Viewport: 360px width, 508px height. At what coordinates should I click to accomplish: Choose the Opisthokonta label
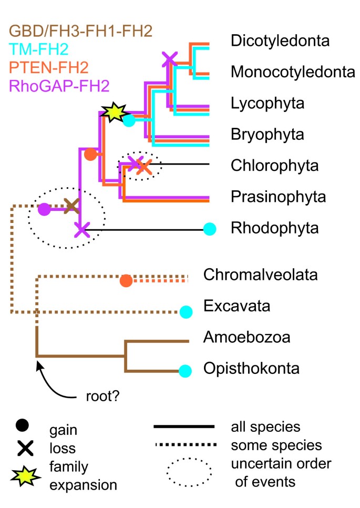tap(251, 369)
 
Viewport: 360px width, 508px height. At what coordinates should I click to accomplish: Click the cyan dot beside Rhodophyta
tap(210, 229)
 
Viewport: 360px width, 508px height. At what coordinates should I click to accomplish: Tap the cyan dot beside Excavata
tap(185, 312)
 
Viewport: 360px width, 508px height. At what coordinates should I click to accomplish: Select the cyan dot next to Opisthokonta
tap(185, 371)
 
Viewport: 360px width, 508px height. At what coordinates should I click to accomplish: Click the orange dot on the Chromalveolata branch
tap(126, 281)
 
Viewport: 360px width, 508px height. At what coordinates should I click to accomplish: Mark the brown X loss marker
tap(71, 205)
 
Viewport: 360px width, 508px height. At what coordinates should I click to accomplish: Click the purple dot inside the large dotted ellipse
tap(45, 210)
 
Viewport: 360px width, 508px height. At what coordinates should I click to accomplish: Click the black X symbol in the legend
tap(23, 448)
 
